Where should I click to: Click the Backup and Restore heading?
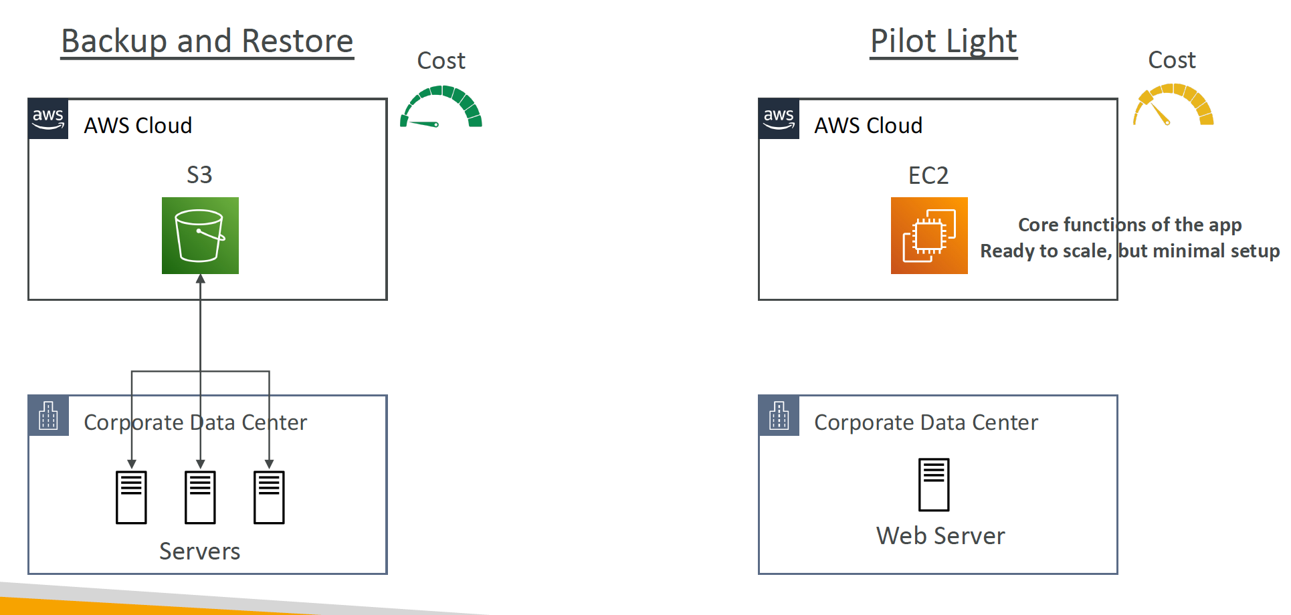click(207, 41)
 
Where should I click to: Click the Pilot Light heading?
click(944, 41)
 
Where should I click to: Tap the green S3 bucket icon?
click(200, 235)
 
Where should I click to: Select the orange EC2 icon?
click(929, 235)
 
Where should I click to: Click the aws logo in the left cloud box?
click(48, 119)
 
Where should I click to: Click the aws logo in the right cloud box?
click(779, 119)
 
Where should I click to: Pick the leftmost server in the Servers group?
click(131, 497)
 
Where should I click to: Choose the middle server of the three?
click(200, 497)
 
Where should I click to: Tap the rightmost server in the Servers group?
click(269, 497)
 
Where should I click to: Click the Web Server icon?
click(934, 485)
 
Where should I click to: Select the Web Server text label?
click(940, 535)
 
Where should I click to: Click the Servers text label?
click(199, 551)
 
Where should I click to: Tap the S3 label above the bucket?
click(199, 175)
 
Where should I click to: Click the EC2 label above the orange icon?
click(928, 175)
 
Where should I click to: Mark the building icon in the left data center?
click(48, 416)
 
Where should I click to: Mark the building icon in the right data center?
click(779, 416)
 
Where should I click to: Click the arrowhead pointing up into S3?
click(200, 279)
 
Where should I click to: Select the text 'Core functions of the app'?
click(1130, 225)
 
